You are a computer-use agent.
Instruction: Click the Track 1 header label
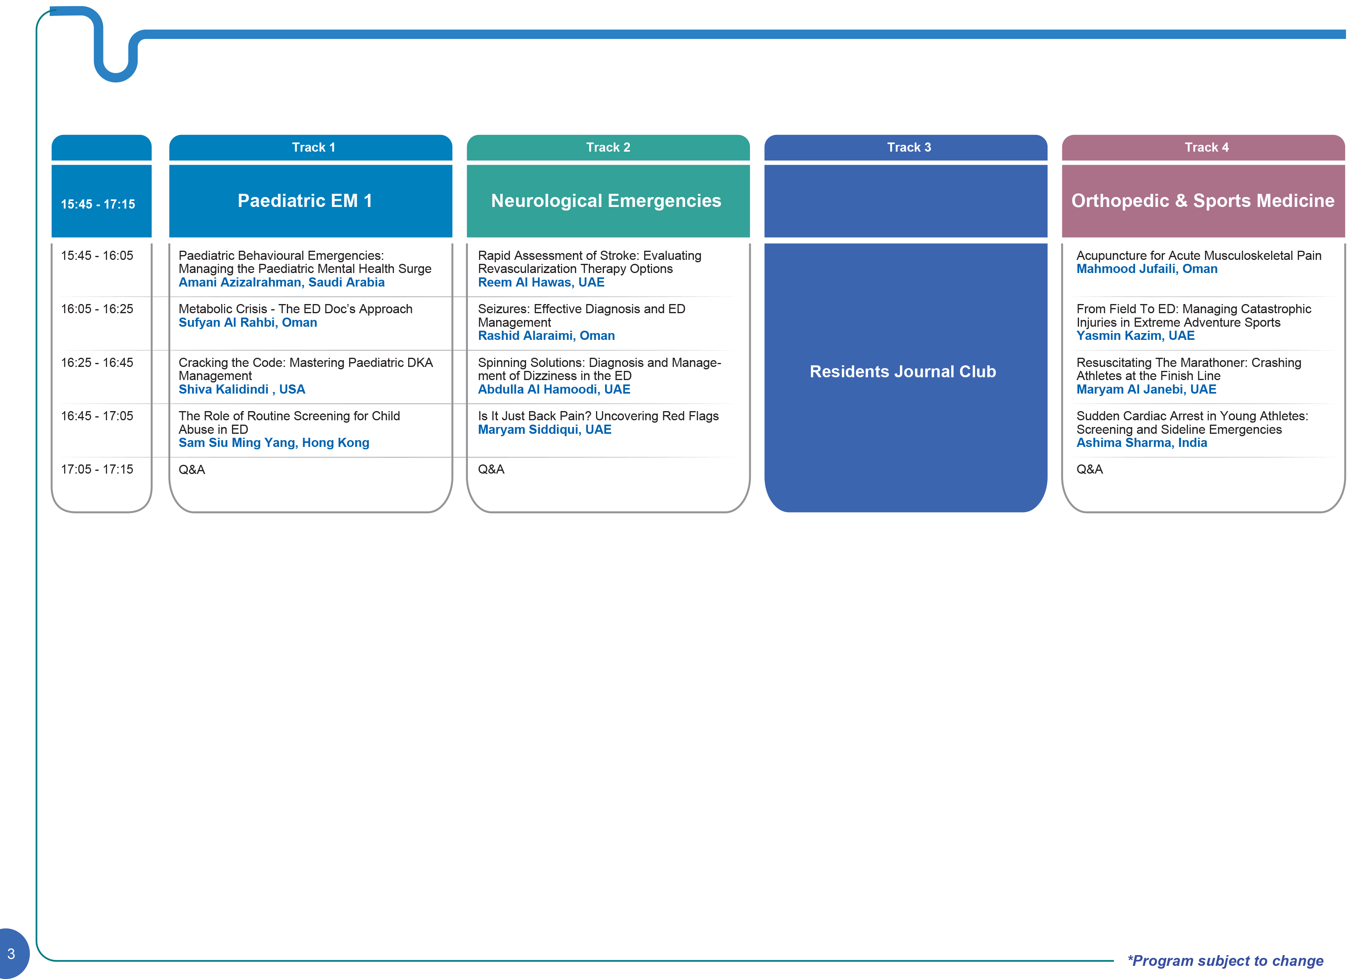click(314, 147)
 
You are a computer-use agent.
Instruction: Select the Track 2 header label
click(608, 147)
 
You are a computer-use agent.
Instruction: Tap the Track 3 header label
click(909, 147)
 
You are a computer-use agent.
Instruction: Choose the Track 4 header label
click(1206, 147)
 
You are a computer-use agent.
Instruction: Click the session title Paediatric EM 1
click(305, 200)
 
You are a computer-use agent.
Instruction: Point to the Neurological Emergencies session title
click(606, 201)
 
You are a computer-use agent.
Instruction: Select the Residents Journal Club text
click(903, 371)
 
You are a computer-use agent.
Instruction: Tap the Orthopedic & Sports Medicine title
click(1203, 201)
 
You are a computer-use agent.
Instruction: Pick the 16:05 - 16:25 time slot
click(97, 309)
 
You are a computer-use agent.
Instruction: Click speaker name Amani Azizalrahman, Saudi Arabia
click(281, 282)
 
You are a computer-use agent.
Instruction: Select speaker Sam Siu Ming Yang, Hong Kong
click(274, 443)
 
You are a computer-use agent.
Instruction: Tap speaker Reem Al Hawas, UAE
click(541, 282)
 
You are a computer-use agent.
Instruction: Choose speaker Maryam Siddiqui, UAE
click(545, 430)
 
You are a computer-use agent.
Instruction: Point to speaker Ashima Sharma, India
click(1142, 443)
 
